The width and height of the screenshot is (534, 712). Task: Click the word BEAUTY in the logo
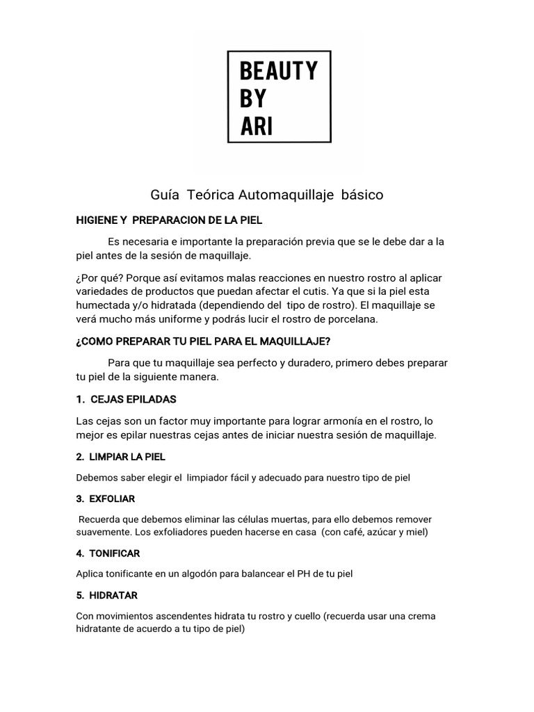278,71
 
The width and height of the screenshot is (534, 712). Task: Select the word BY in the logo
252,99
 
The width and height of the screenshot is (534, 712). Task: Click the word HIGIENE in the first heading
97,220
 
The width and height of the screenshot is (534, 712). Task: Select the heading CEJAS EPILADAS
133,399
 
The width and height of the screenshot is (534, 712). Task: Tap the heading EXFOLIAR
113,499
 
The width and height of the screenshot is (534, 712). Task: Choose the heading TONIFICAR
115,553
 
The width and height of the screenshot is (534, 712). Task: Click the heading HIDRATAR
114,595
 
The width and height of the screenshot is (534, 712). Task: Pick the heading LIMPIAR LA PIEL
127,457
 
